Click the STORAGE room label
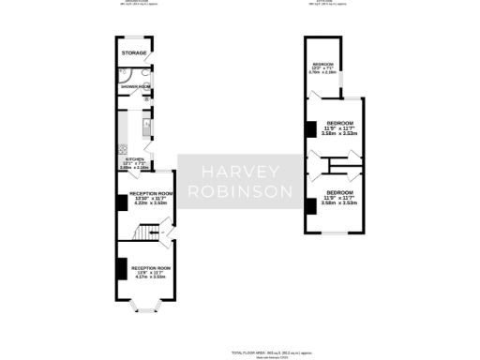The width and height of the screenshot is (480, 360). [x=134, y=54]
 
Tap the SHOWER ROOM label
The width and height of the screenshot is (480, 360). [x=135, y=87]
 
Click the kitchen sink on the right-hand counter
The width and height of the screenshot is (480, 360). [x=147, y=124]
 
